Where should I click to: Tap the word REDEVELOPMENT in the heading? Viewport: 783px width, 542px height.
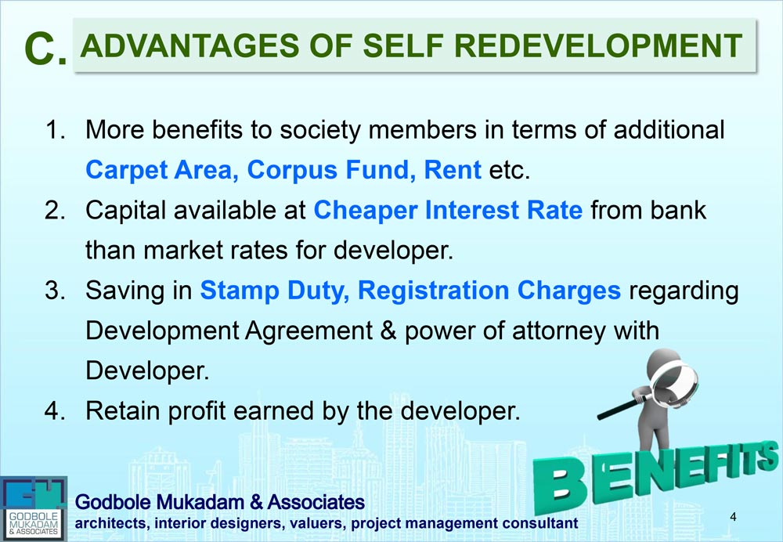(x=598, y=46)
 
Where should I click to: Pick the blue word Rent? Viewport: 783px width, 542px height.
(x=453, y=170)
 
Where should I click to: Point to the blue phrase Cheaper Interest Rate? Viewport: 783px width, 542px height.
(x=448, y=211)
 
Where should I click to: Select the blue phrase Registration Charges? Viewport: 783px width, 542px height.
(x=489, y=291)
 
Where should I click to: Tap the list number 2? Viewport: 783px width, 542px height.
(x=55, y=211)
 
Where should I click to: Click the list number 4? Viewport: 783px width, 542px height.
(x=55, y=411)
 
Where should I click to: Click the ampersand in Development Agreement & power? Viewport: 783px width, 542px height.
(x=388, y=331)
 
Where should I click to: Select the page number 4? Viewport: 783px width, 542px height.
(x=733, y=517)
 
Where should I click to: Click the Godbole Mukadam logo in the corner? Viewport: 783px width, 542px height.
(x=34, y=508)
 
